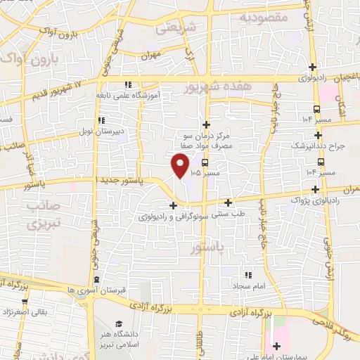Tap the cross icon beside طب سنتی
tap(229, 203)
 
